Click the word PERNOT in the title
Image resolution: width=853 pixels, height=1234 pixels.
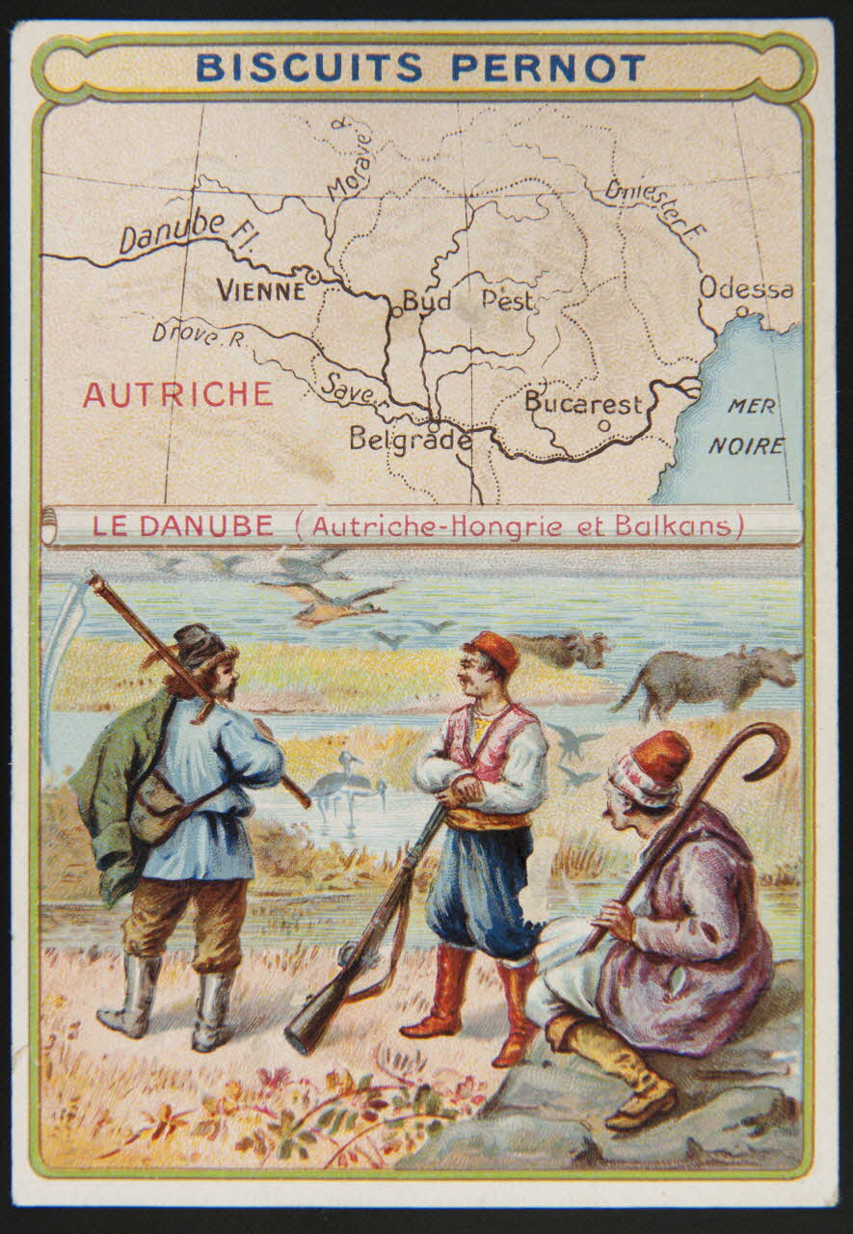[548, 67]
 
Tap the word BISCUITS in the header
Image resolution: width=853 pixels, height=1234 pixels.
[309, 67]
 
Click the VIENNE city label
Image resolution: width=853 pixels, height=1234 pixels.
[260, 289]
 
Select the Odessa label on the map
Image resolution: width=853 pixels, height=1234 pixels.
[746, 288]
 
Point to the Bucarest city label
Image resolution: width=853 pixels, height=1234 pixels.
[583, 402]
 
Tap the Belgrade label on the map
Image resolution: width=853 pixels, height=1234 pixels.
[411, 440]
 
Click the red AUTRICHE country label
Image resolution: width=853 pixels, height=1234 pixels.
[177, 394]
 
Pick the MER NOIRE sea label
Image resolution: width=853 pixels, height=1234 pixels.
[748, 426]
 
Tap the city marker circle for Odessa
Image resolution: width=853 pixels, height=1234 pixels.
[741, 310]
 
